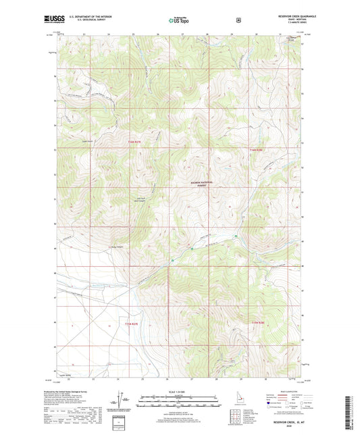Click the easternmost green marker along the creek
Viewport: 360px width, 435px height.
(x=235, y=236)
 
